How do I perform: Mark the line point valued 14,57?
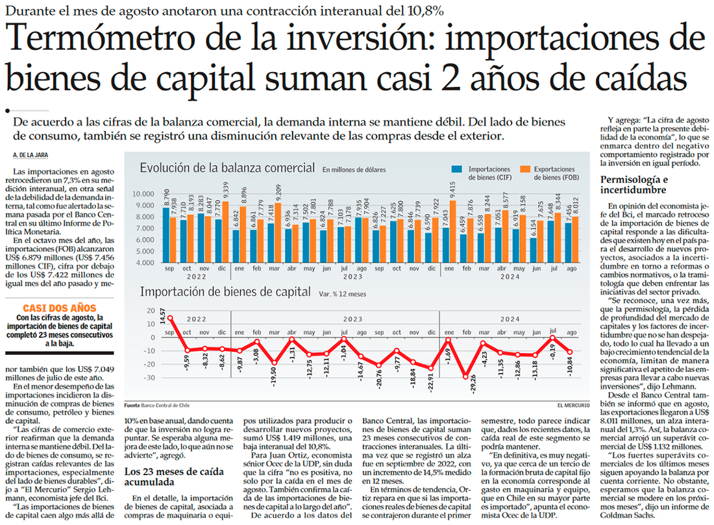coord(170,318)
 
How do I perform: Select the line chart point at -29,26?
coord(465,376)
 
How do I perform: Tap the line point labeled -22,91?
coord(430,368)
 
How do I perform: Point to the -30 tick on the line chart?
coord(151,378)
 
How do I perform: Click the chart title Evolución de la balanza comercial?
coord(227,168)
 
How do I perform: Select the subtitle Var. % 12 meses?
coord(343,294)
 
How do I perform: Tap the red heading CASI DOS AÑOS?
coord(59,308)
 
